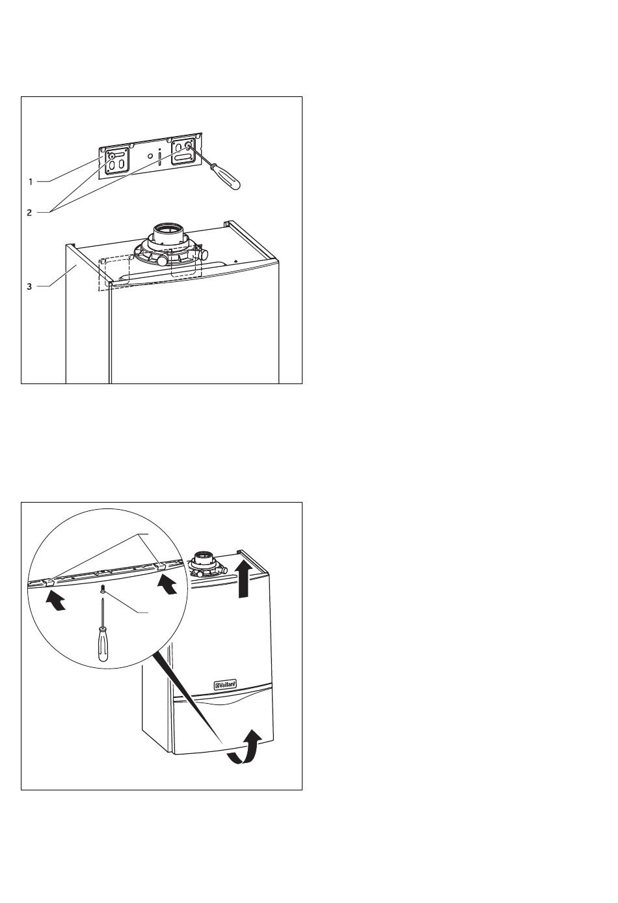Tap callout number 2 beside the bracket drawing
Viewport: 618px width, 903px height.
point(30,212)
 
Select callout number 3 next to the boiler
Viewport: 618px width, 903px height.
point(30,286)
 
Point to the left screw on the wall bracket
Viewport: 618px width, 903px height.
point(112,157)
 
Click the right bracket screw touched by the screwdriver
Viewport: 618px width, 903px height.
point(188,147)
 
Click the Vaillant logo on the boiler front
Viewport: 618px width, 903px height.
point(225,684)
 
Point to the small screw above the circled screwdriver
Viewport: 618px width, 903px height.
point(103,590)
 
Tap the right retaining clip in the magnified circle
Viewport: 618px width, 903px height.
point(160,565)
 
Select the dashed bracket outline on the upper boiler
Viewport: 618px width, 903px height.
point(114,272)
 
